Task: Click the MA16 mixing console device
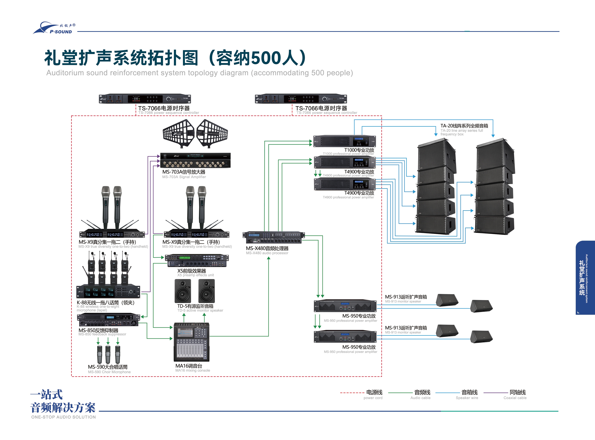coord(192,342)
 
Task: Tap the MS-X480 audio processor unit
coord(273,238)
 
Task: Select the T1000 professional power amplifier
coord(344,141)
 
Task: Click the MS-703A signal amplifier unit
coord(195,160)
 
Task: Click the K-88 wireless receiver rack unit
coord(108,292)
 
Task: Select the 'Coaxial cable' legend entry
coord(515,398)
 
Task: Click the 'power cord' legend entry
coord(373,398)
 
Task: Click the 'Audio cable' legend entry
coord(420,398)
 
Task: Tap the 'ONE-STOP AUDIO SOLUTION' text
coord(63,417)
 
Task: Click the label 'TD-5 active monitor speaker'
coord(200,311)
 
